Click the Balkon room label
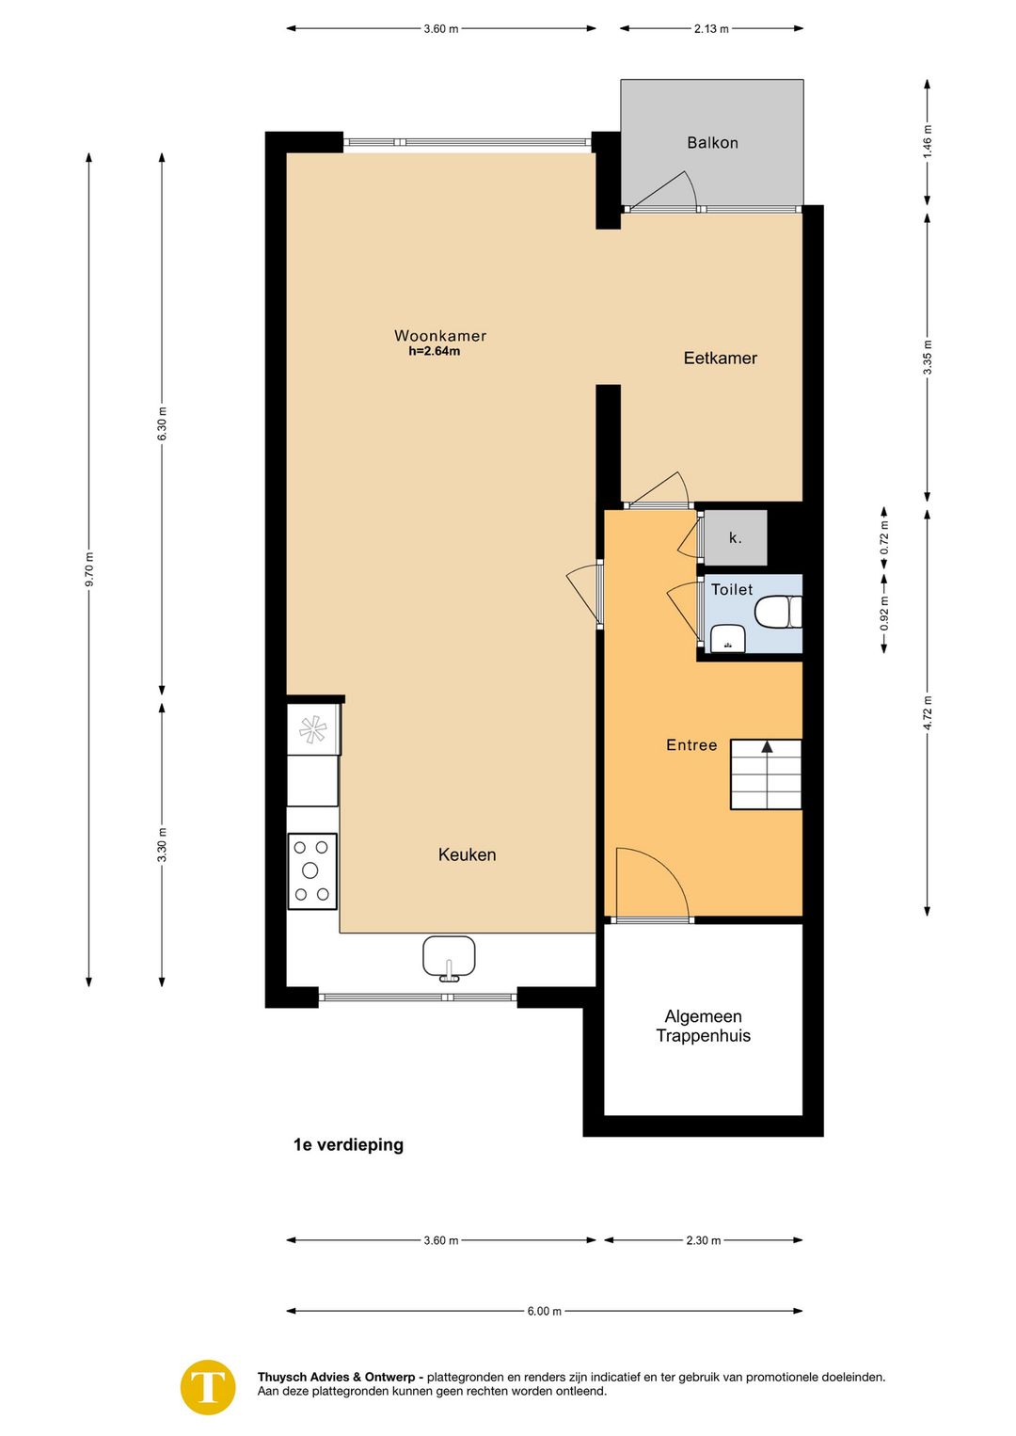point(712,142)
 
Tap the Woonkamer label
point(439,335)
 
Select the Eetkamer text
point(720,358)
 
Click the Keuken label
point(467,854)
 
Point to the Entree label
point(691,745)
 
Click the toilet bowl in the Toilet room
point(778,612)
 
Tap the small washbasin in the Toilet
point(727,638)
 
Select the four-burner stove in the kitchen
point(312,870)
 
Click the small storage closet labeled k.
point(736,538)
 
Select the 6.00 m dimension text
point(544,1312)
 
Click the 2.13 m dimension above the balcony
point(711,29)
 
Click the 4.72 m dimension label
point(928,713)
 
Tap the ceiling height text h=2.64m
point(435,351)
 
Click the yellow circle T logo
point(208,1387)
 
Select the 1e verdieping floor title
point(348,1145)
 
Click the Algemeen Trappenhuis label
point(703,1026)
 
